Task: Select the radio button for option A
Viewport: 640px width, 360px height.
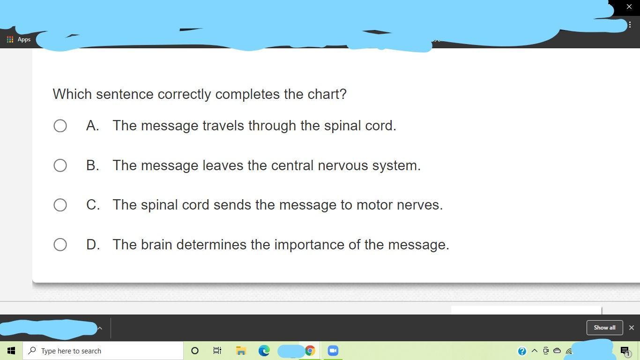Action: point(60,126)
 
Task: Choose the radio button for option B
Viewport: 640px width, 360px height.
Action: point(60,165)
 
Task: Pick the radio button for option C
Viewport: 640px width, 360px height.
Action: point(60,205)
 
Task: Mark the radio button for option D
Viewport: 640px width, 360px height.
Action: point(60,245)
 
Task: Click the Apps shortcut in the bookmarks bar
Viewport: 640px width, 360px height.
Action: point(19,39)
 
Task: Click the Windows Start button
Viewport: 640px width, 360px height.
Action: point(11,351)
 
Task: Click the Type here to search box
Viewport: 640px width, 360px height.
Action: point(103,351)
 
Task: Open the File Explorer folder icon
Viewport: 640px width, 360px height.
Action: point(241,351)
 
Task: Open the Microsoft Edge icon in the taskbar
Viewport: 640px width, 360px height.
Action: point(264,351)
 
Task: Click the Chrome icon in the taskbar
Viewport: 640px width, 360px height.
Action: point(310,351)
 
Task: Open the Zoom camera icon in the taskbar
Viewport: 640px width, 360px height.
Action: point(333,351)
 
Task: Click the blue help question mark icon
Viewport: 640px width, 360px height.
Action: point(522,351)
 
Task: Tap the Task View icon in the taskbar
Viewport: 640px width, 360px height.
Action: point(217,351)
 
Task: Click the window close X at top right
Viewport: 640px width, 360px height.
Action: point(629,7)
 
